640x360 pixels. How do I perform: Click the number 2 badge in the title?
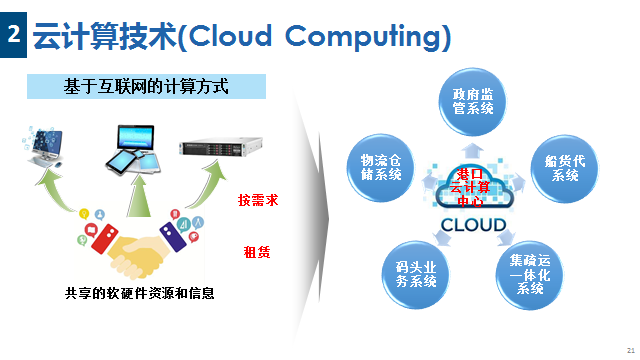point(13,34)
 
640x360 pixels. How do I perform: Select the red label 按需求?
point(258,200)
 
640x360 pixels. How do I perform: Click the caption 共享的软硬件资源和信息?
point(139,293)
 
